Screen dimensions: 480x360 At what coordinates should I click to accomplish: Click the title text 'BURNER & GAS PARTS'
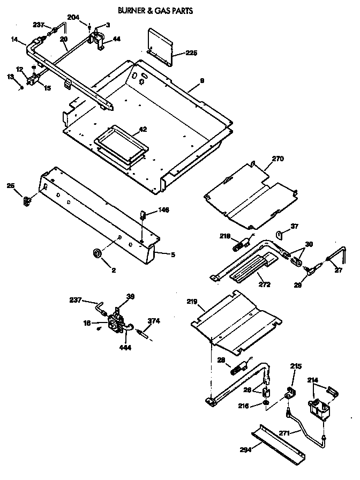(155, 10)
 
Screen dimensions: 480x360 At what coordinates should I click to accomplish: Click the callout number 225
(192, 53)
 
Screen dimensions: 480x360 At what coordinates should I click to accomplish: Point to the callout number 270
(278, 159)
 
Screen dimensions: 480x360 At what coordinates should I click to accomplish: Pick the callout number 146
(163, 211)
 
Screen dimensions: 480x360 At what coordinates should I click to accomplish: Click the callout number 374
(154, 321)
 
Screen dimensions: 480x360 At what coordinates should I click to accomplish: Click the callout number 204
(73, 18)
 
